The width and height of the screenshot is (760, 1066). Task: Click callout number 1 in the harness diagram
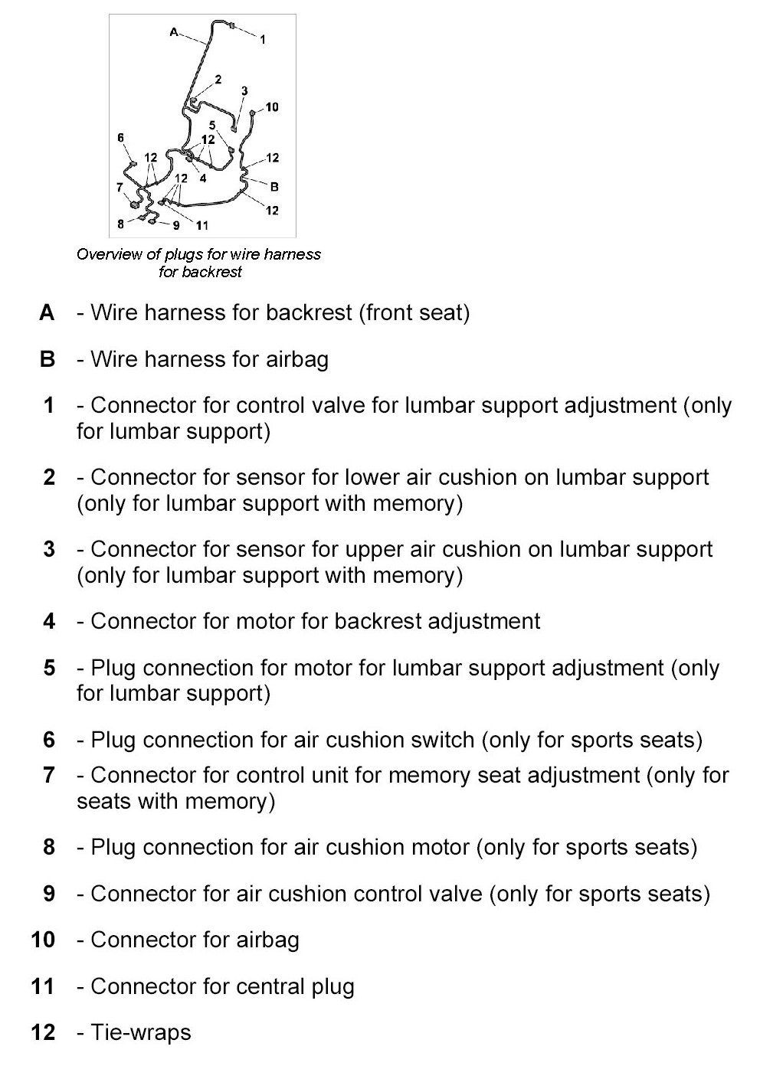click(263, 39)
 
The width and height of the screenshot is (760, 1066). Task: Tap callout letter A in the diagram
click(174, 32)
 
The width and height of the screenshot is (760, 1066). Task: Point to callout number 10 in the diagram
click(272, 106)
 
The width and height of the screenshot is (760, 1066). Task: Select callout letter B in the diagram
click(274, 186)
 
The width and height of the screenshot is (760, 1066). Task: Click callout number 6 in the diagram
click(120, 138)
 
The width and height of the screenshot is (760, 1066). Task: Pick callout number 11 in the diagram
click(201, 225)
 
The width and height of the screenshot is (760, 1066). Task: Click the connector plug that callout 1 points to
click(233, 28)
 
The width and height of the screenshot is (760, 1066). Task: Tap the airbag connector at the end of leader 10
click(253, 113)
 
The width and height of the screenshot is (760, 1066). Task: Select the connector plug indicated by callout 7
click(136, 205)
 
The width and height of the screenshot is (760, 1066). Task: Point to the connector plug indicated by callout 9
click(152, 222)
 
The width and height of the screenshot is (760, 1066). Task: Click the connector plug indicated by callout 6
click(133, 163)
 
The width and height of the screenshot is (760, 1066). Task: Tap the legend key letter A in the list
click(47, 312)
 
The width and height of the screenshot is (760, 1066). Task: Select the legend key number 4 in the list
click(49, 621)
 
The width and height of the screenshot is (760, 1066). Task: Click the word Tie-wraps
click(141, 1032)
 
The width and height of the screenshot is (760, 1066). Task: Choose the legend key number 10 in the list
click(44, 940)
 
